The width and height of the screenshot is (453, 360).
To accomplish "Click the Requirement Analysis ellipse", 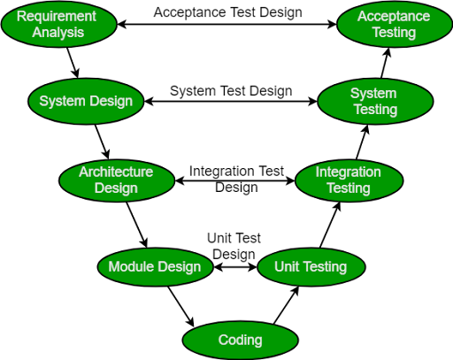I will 58,24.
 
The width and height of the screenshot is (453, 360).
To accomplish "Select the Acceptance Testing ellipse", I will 394,24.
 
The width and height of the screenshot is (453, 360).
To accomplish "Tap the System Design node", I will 86,101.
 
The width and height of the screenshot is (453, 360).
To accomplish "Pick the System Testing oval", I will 375,101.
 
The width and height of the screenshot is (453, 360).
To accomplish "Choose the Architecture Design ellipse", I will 116,180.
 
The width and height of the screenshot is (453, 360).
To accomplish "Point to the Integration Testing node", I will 349,180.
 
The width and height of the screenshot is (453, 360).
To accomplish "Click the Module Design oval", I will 155,266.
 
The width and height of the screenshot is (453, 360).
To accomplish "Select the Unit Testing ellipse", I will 310,266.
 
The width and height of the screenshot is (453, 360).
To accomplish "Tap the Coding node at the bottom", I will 240,340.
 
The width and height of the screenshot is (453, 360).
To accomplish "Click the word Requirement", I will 57,17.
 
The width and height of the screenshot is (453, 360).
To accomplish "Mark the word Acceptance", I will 394,17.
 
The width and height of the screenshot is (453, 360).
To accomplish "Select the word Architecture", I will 116,172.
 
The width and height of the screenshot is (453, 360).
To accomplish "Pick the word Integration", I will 349,172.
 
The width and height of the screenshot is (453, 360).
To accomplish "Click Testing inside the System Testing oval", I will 375,110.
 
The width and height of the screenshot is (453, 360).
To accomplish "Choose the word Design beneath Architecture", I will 116,188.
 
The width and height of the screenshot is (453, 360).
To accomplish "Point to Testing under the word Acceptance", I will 394,33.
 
